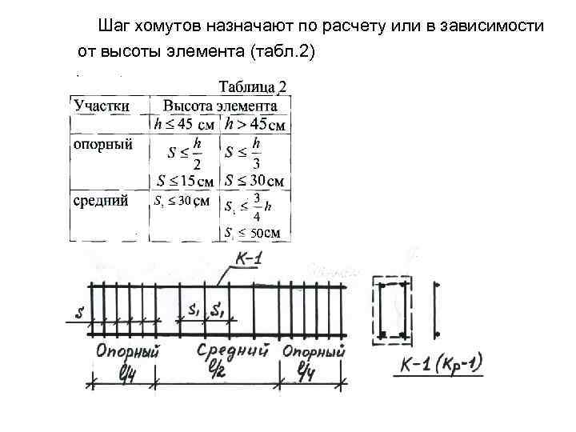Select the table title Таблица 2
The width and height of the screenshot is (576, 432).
[253, 87]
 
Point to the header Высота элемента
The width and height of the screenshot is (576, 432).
[220, 106]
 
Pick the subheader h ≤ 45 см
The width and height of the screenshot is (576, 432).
[184, 124]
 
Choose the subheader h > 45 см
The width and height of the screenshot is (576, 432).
[255, 124]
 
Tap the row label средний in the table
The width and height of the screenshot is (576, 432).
[101, 201]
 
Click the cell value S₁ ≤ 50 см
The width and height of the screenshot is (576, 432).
[253, 233]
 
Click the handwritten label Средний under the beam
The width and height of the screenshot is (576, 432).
[231, 350]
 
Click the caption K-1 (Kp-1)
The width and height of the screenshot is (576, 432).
[442, 367]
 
